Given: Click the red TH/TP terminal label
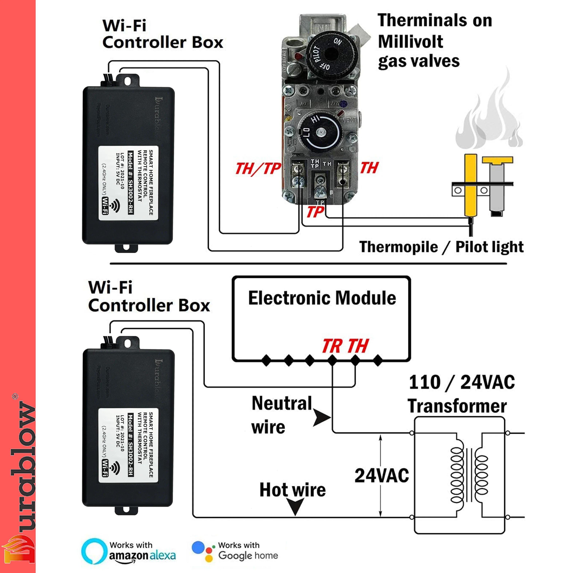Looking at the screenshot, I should point(257,169).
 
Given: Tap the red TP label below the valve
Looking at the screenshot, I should point(315,212).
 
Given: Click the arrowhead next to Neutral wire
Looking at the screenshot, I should point(322,418).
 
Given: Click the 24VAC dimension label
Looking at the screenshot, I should point(381,476).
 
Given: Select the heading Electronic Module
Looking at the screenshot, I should point(322,298).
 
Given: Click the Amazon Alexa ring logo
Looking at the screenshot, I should point(94,551).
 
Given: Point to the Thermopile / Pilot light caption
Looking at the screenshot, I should point(441,247).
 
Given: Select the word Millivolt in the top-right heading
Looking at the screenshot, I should point(411,41).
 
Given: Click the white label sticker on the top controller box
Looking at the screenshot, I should point(128,183).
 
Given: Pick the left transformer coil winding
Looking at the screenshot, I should point(457,475).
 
